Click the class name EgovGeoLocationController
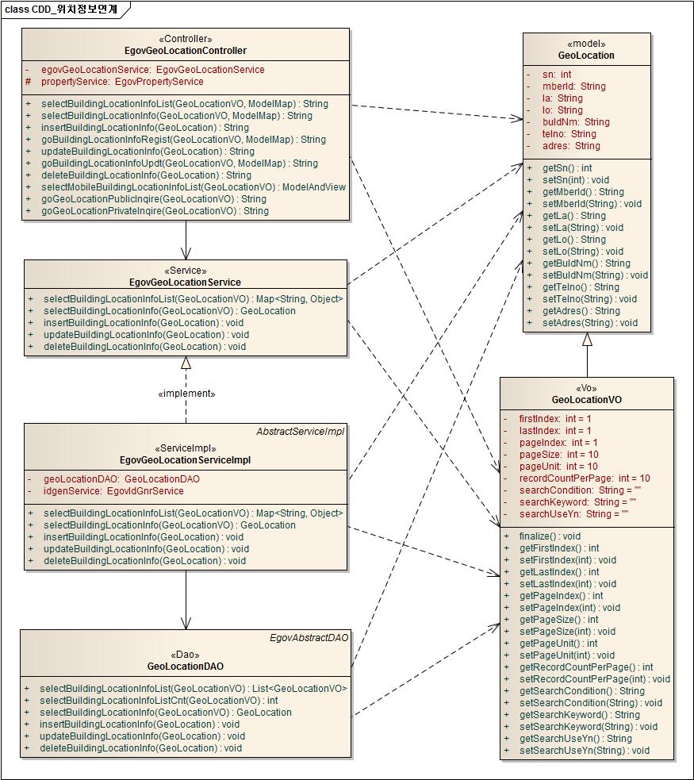coord(186,51)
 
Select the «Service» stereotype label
coord(186,270)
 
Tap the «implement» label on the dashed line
coord(186,393)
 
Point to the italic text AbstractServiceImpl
coord(300,432)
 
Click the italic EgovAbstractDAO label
coord(309,638)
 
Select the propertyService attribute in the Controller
coord(122,82)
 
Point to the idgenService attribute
coord(113,491)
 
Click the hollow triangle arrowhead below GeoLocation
coord(587,340)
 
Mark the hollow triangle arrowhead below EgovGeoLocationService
coord(186,363)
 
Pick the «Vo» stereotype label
coord(586,388)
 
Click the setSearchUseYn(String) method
coord(584,751)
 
